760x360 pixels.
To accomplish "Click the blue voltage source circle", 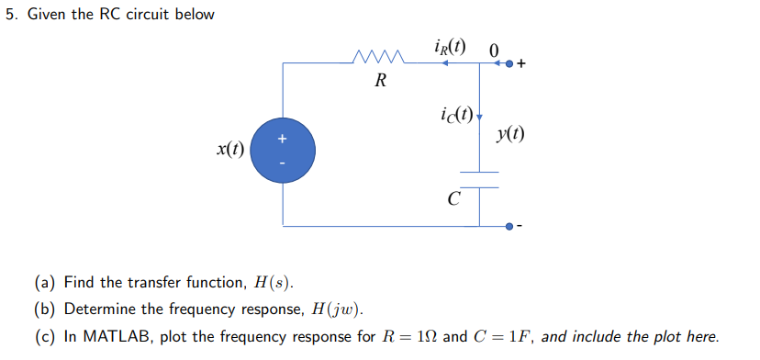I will [x=283, y=151].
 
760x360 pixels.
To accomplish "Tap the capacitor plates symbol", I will [x=478, y=179].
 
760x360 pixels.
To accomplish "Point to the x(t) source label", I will [x=230, y=150].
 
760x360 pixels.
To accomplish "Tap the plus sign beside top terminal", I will [x=521, y=64].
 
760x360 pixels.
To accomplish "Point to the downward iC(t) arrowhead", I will [x=479, y=118].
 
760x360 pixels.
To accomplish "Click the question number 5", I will [x=9, y=15].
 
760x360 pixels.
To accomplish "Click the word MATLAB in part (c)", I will [x=111, y=336].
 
